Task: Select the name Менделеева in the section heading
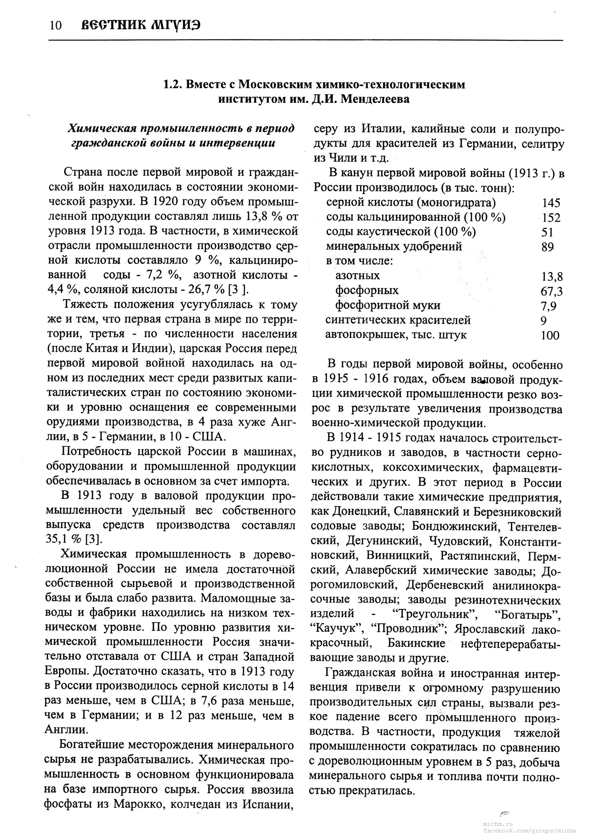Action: (x=375, y=99)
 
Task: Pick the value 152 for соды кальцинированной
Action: (x=551, y=218)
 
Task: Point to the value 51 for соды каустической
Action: (x=547, y=232)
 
